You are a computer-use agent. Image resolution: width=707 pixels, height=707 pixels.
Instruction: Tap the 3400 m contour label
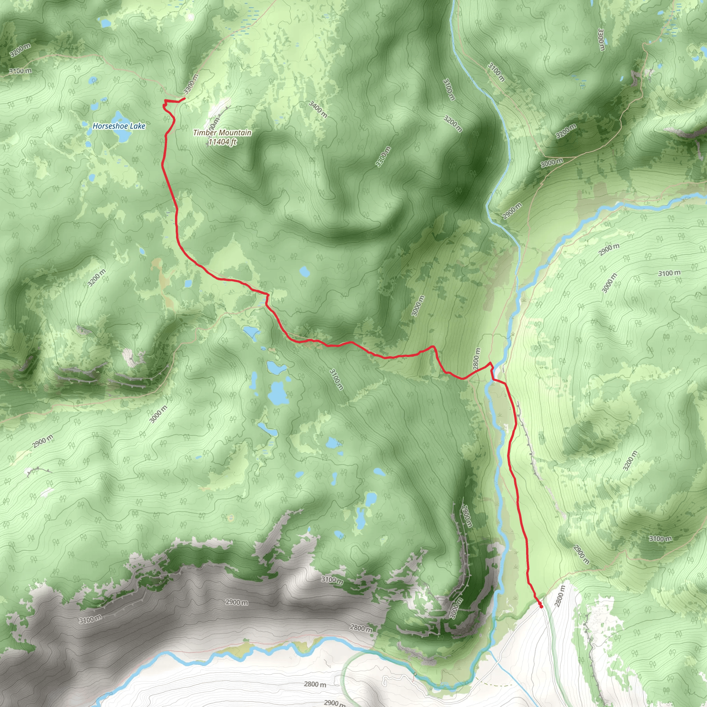[x=318, y=109]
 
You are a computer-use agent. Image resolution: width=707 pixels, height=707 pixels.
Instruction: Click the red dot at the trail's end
[x=541, y=606]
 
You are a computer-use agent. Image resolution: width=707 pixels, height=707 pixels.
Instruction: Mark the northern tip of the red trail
[x=184, y=98]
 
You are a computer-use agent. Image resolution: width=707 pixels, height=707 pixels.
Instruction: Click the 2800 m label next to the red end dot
[x=560, y=596]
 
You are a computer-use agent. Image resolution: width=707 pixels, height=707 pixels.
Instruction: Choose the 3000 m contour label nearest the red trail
[x=418, y=306]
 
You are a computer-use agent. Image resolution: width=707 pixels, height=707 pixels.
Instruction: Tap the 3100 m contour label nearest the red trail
[x=336, y=379]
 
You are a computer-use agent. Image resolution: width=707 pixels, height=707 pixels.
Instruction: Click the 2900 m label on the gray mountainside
[x=236, y=602]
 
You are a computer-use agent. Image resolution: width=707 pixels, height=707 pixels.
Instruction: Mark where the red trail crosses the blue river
[x=493, y=379]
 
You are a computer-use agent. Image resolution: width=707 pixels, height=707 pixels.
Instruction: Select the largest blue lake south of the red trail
[x=277, y=393]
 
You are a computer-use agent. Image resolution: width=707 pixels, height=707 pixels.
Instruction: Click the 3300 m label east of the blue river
[x=601, y=39]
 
